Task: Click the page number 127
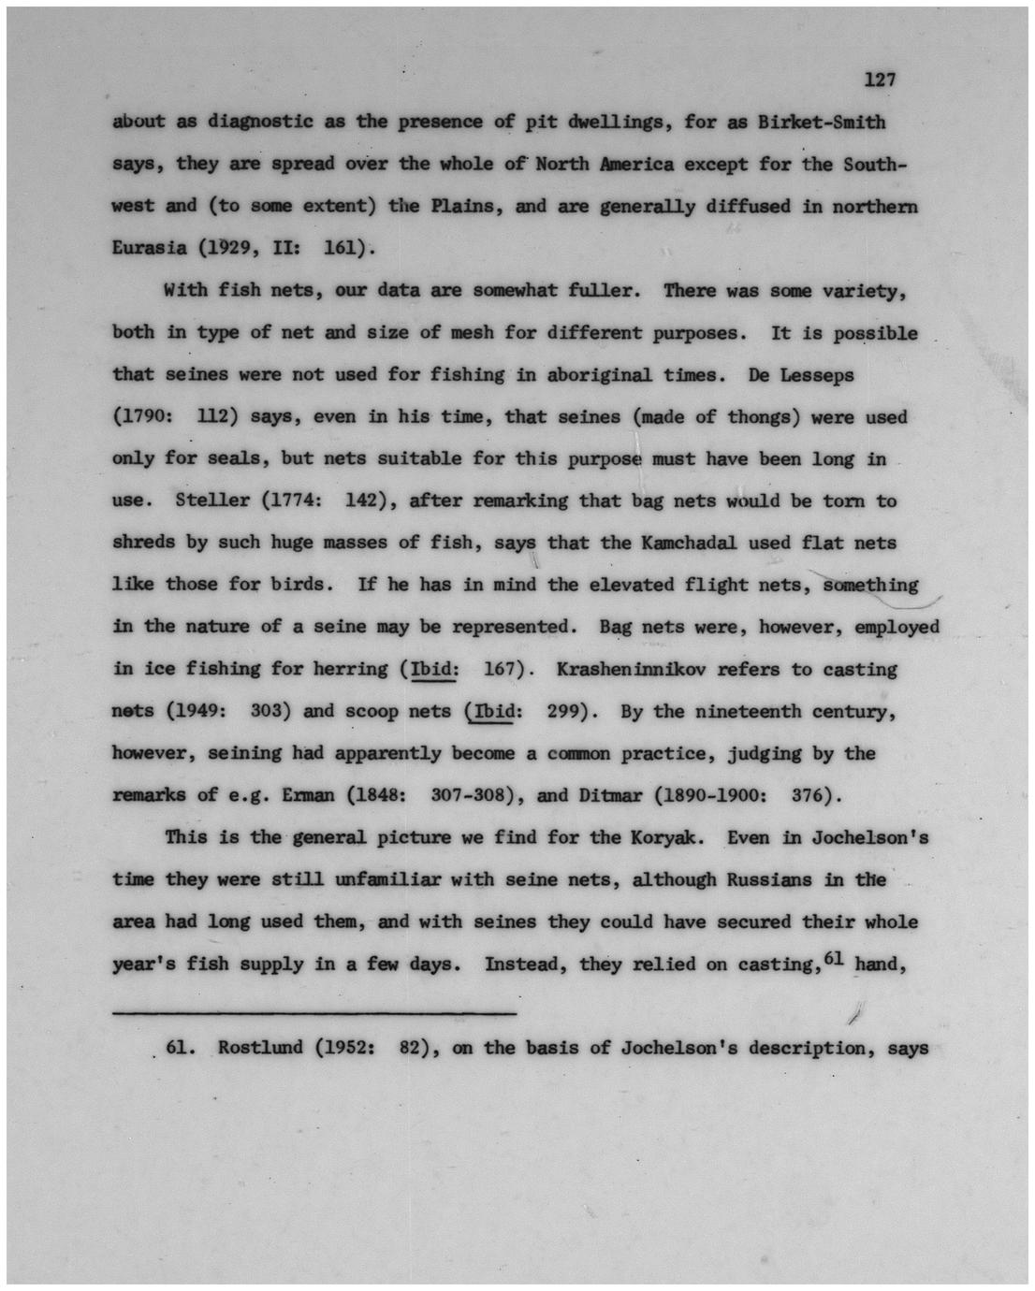880,80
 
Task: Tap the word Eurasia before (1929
150,249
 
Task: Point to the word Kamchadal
675,543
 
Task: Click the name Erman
308,796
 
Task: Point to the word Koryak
666,837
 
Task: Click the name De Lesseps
801,375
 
